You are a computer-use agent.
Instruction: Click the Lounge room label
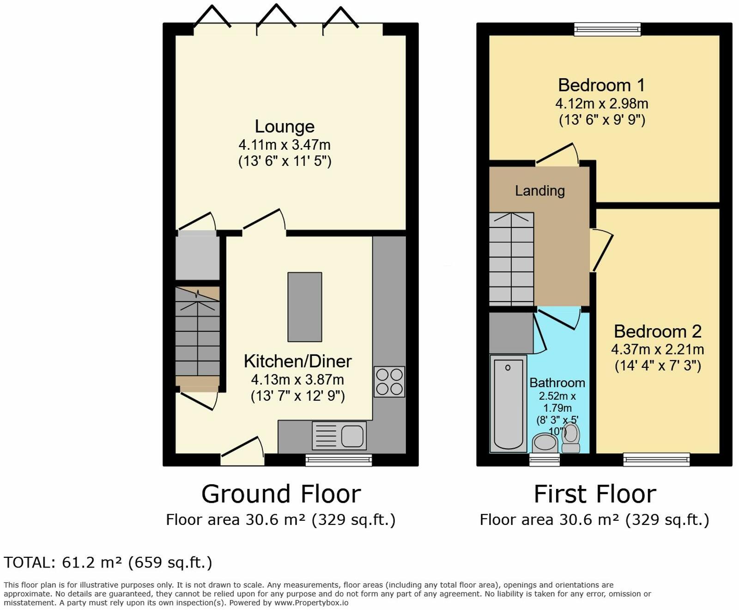click(285, 127)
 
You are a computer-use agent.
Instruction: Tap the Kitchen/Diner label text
click(297, 361)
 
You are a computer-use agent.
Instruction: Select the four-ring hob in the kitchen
click(389, 382)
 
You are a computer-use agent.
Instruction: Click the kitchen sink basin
click(352, 436)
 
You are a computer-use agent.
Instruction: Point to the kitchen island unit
click(304, 307)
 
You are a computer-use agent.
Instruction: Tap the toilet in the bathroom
click(571, 438)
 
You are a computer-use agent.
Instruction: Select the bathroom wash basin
click(545, 443)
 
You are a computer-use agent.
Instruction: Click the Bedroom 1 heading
click(601, 85)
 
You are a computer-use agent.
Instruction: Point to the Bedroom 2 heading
click(657, 331)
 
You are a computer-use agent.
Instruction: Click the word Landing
click(539, 190)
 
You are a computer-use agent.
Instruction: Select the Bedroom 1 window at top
click(607, 29)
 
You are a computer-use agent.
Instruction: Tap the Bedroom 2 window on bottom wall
click(656, 459)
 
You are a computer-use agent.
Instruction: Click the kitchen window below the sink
click(339, 459)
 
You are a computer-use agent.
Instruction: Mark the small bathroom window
click(544, 459)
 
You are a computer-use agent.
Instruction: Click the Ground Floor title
click(281, 494)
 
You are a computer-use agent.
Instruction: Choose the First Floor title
click(594, 494)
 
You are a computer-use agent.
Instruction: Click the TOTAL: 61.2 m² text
click(108, 562)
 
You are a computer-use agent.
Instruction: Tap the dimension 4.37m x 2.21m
click(657, 349)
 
